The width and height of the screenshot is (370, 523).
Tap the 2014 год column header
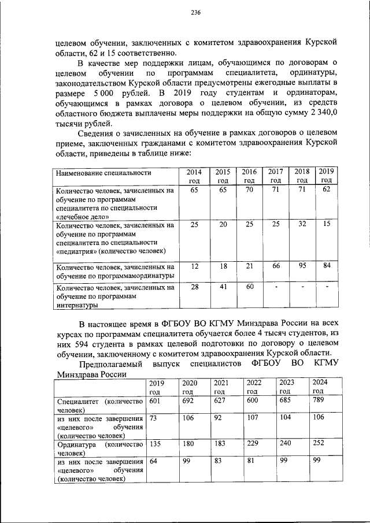click(194, 176)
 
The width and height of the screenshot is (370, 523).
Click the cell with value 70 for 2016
click(249, 190)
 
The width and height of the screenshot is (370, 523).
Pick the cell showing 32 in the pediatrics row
click(301, 224)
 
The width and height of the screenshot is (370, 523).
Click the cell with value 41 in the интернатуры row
click(222, 287)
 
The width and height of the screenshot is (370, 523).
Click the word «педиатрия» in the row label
click(77, 251)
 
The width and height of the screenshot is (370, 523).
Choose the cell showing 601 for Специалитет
click(154, 401)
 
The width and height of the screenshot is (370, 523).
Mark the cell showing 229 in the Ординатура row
click(253, 444)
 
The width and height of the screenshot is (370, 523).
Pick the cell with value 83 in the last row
click(219, 461)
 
